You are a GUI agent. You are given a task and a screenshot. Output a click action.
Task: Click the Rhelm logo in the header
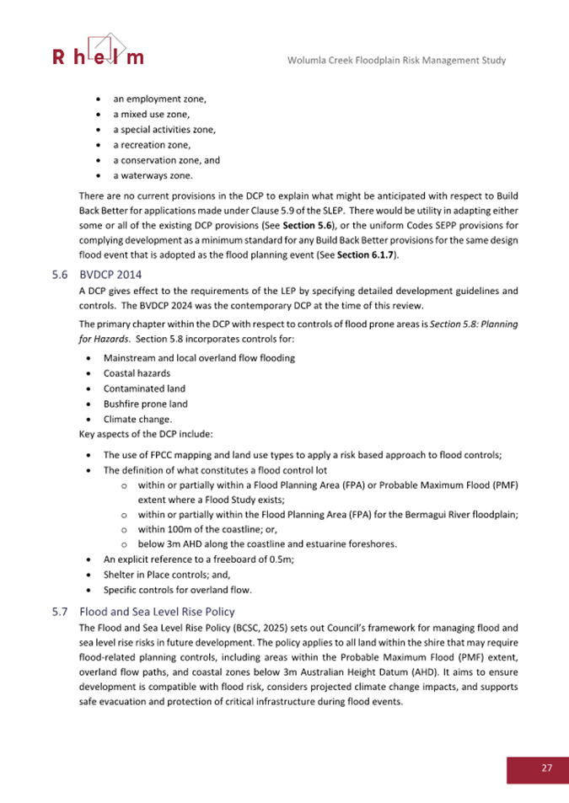[98, 50]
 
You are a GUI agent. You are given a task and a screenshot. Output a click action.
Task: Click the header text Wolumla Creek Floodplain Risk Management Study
[396, 61]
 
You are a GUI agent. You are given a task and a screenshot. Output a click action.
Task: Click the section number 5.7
[59, 612]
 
